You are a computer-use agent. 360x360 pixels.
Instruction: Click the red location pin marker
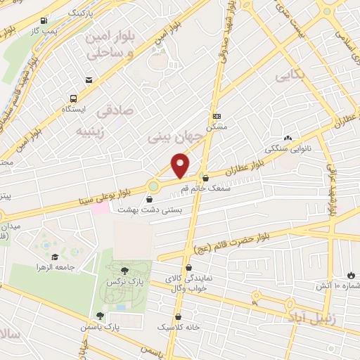181,165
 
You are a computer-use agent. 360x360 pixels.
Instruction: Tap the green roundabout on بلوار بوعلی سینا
153,186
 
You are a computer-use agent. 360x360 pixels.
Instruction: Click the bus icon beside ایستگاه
74,98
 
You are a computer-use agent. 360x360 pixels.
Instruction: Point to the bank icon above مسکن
217,116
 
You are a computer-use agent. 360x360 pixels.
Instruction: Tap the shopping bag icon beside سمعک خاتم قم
205,178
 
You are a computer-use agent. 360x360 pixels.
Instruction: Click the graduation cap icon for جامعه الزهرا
54,256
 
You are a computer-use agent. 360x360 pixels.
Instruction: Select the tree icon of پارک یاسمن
99,315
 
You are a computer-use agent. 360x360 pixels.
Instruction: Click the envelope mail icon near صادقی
89,81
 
